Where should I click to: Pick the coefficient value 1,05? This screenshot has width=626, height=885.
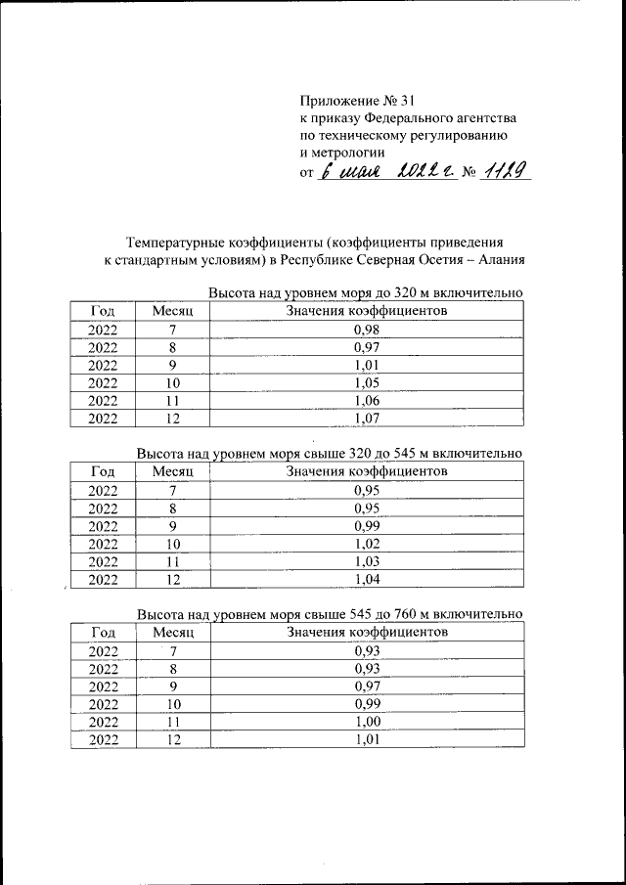367,382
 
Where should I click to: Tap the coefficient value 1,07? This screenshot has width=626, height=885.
367,418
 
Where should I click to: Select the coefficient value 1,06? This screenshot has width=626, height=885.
367,400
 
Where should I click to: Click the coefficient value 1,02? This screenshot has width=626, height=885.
367,543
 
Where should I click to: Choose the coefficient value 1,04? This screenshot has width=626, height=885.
367,578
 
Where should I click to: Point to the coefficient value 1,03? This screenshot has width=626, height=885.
367,560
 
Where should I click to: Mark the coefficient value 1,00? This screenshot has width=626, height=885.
367,721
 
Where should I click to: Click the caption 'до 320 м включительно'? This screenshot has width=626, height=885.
447,293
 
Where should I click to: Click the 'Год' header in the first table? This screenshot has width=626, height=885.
103,310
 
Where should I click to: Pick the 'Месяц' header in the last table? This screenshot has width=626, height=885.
174,632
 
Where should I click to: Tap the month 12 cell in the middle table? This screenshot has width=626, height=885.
173,578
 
